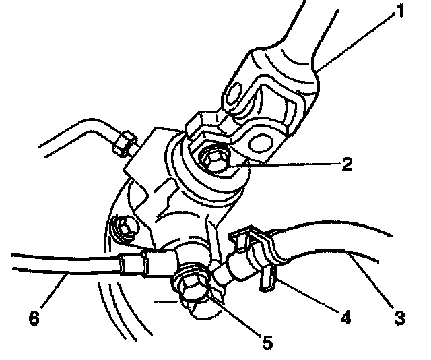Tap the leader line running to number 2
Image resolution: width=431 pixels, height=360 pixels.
[x=296, y=162]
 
